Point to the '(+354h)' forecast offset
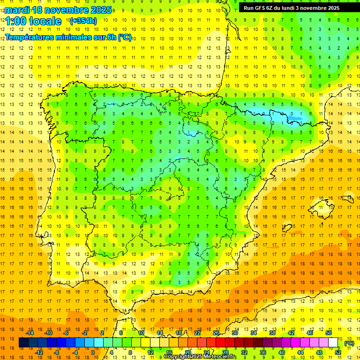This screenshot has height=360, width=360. click(83, 21)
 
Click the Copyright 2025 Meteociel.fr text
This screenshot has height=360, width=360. click(200, 357)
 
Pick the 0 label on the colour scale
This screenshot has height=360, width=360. click(93, 352)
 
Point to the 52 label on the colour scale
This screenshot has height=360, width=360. click(337, 352)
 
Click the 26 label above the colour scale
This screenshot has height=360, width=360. click(216, 333)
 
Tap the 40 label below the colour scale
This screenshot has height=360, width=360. click(281, 352)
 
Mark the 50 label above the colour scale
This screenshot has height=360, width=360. click(329, 333)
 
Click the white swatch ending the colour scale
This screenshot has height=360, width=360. click(333, 343)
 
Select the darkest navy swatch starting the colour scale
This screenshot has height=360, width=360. click(23, 343)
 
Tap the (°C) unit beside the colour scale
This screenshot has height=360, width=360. click(349, 343)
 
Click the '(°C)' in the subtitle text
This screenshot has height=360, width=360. click(124, 37)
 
